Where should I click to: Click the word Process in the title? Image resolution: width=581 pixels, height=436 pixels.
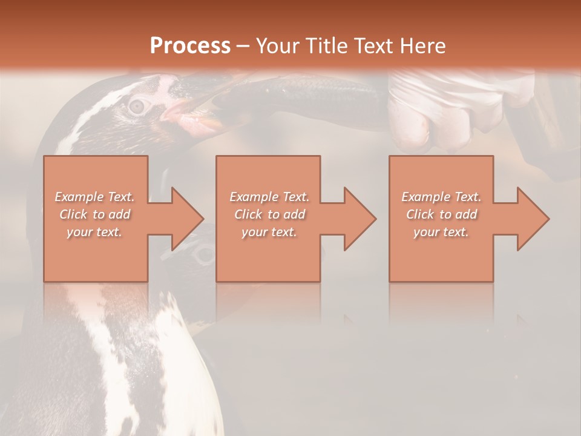point(190,46)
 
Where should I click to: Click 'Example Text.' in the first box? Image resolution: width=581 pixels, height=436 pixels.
point(94,197)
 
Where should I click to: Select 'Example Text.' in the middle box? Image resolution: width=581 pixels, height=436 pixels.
point(269,197)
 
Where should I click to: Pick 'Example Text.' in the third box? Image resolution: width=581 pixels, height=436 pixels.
point(441,197)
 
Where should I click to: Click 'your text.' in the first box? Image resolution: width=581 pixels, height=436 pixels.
point(94,232)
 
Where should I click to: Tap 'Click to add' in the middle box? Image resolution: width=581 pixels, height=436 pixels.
point(269,214)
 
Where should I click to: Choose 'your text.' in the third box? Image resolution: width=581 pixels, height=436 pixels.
point(441,232)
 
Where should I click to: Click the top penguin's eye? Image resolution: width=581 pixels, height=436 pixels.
point(139,105)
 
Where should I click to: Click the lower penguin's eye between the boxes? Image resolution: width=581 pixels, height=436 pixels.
point(205,254)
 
